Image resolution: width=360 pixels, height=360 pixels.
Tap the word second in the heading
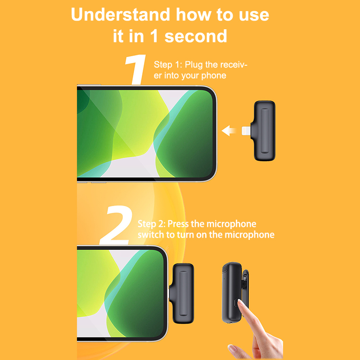pos(196,36)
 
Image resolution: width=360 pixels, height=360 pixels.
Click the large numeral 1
pos(136,69)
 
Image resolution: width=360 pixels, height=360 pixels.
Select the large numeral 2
pos(117,225)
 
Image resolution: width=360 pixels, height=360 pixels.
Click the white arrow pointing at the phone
pos(229,130)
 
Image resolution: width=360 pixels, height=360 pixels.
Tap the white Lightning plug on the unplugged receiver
pos(246,131)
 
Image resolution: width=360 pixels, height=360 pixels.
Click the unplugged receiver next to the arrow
pos(263,131)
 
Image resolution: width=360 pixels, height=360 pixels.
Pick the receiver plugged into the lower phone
pos(182,293)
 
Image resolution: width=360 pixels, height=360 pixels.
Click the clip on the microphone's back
pos(245,289)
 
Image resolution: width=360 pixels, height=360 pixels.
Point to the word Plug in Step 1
pos(194,65)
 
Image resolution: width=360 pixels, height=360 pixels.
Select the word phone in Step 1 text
pos(214,76)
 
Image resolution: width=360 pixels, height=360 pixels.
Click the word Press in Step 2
pos(178,224)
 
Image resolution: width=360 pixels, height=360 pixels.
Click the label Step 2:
pos(152,224)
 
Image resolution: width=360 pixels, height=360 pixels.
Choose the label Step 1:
pos(168,65)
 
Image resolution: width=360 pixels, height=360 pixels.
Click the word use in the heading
pos(254,15)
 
